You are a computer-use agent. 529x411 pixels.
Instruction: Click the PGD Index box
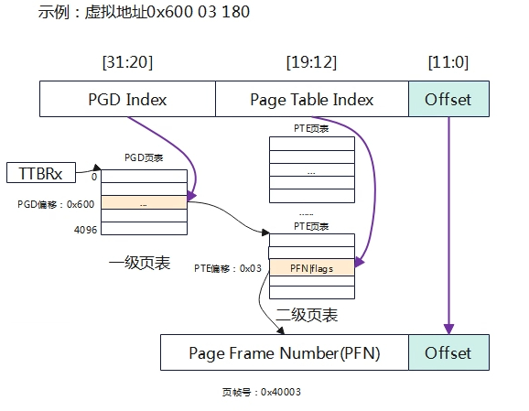tap(127, 99)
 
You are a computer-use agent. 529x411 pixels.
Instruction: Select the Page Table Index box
tap(312, 99)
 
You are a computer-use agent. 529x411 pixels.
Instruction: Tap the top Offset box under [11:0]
tap(448, 99)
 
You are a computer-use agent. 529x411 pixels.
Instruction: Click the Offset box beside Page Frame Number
tap(448, 352)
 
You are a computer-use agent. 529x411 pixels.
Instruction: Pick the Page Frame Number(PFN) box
tap(285, 352)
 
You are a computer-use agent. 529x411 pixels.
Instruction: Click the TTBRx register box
tap(41, 173)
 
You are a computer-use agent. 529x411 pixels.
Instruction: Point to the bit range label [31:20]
tap(127, 62)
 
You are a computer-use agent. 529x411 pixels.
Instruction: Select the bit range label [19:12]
tap(311, 62)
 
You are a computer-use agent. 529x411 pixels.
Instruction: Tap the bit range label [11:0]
tap(448, 62)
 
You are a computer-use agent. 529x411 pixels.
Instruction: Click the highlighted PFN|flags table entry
tap(312, 268)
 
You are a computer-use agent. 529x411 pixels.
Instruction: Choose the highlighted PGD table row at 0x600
tap(144, 202)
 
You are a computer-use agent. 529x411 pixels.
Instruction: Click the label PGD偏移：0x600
tap(56, 204)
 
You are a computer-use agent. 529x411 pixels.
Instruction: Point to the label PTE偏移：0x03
tap(228, 268)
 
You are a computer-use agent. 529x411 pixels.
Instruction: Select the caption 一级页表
tap(139, 263)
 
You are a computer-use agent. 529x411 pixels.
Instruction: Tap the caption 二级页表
tap(307, 315)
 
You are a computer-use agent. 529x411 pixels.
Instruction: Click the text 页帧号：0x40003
tap(262, 392)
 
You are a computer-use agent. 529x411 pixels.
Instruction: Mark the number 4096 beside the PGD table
tap(85, 230)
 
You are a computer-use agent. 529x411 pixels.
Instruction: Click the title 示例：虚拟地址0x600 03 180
tap(144, 12)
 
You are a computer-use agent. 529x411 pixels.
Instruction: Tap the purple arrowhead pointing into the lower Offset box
tap(448, 329)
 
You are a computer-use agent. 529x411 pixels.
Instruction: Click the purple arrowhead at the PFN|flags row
tap(360, 263)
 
